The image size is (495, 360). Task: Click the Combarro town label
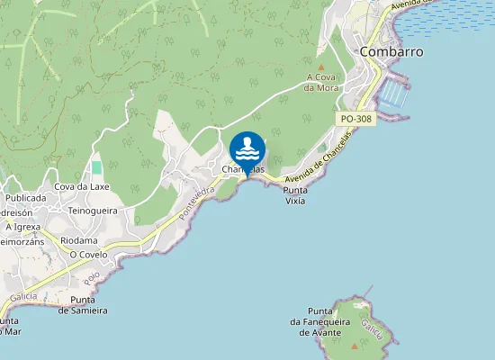tap(391, 51)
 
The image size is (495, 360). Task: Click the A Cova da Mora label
tap(320, 82)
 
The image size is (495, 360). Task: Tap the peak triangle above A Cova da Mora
tap(321, 67)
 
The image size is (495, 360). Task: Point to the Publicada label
tap(25, 197)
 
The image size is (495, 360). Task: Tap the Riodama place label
tap(78, 240)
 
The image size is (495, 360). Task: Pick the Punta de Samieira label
tap(83, 305)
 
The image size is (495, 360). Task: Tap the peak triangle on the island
tap(355, 345)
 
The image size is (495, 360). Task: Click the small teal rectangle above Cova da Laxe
tap(96, 167)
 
